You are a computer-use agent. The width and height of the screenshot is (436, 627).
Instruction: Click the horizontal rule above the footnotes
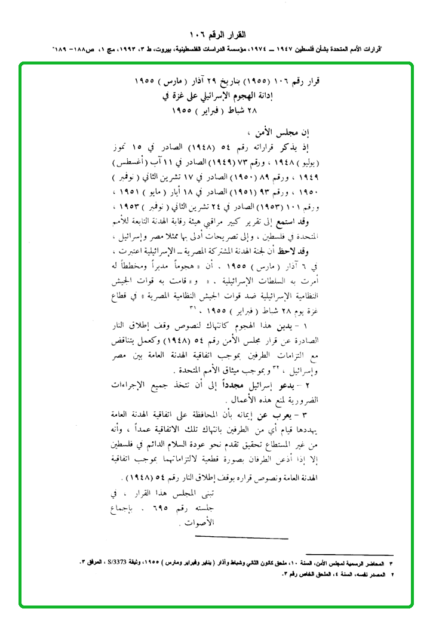349,555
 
